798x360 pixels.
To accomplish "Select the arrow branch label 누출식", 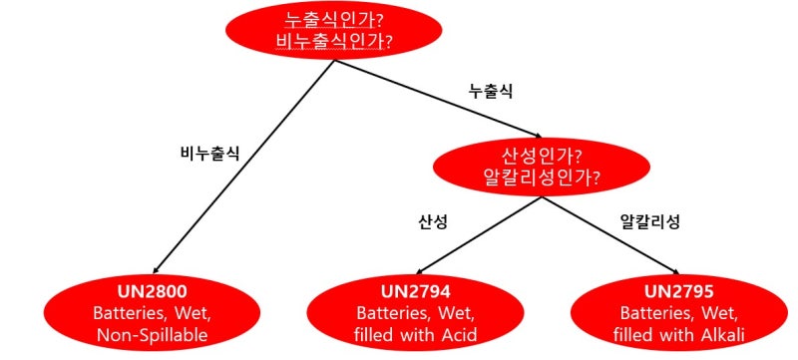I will click(x=492, y=91).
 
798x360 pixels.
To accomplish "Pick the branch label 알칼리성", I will click(x=650, y=221).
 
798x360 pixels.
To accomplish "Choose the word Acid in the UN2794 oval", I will click(x=458, y=335).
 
